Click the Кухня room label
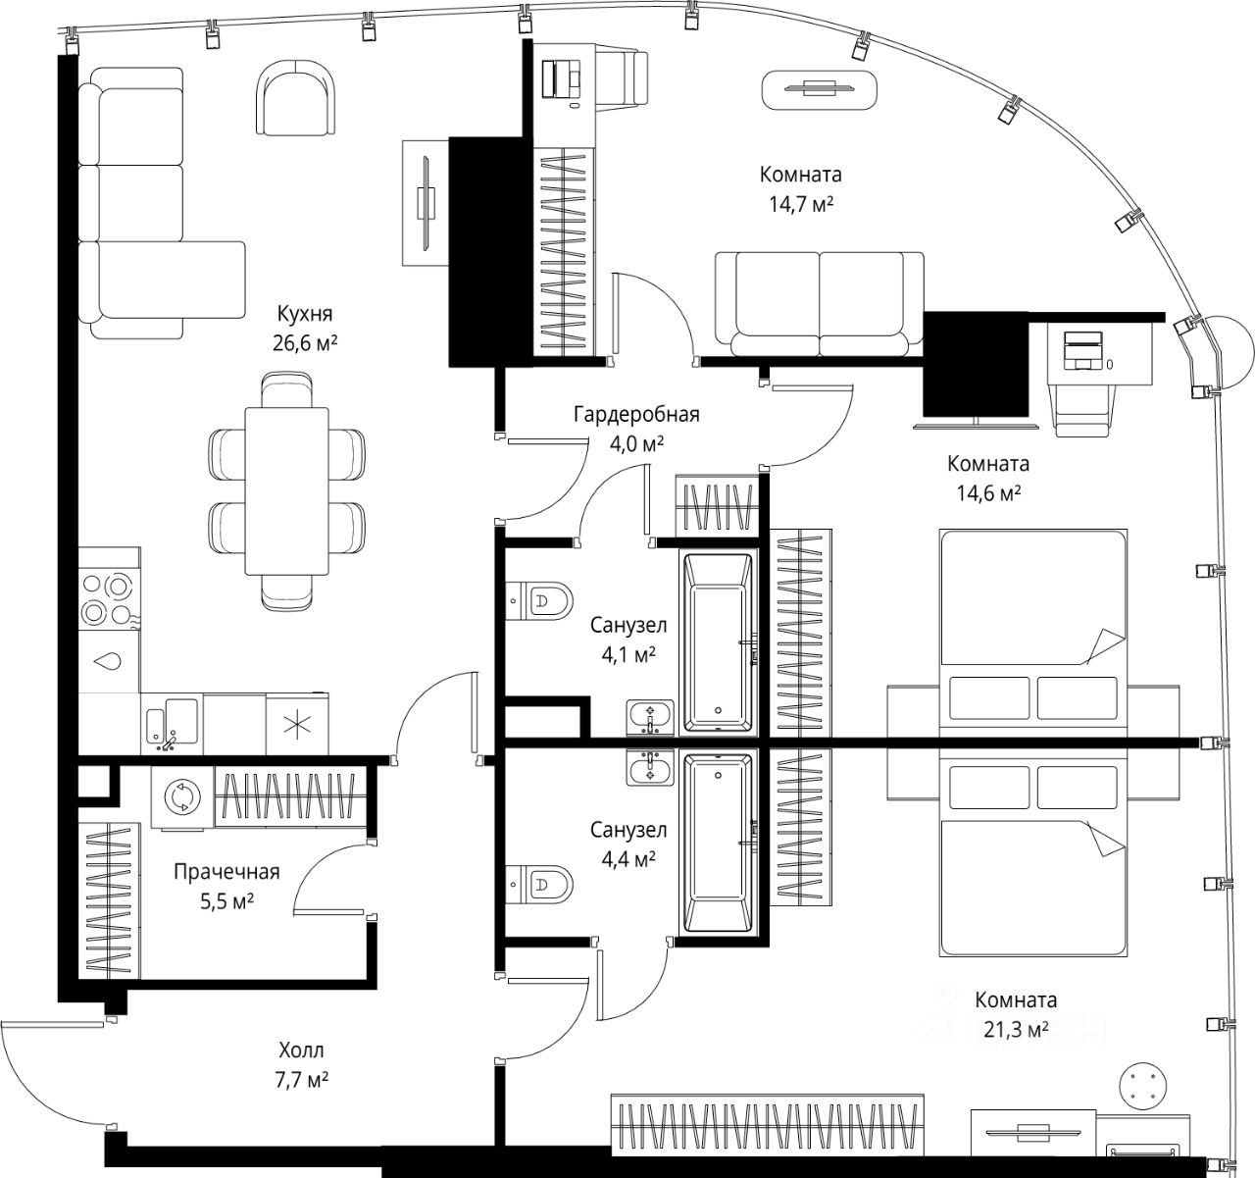(x=305, y=314)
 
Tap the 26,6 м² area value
(x=305, y=343)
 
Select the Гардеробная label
(x=636, y=415)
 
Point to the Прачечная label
(x=226, y=872)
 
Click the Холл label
(x=301, y=1050)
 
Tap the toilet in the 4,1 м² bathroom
(x=539, y=600)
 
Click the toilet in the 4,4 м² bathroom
(x=539, y=885)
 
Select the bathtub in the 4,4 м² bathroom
(x=719, y=842)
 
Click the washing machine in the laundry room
(x=182, y=797)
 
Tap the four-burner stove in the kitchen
(x=109, y=597)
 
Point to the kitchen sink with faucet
(x=172, y=724)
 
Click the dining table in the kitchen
(x=287, y=491)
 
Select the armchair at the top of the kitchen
(x=296, y=97)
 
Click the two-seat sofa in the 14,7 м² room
(x=819, y=304)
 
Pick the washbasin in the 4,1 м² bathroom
(x=650, y=718)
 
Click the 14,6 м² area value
(x=989, y=493)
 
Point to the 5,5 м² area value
(x=226, y=901)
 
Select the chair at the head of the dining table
(x=286, y=388)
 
